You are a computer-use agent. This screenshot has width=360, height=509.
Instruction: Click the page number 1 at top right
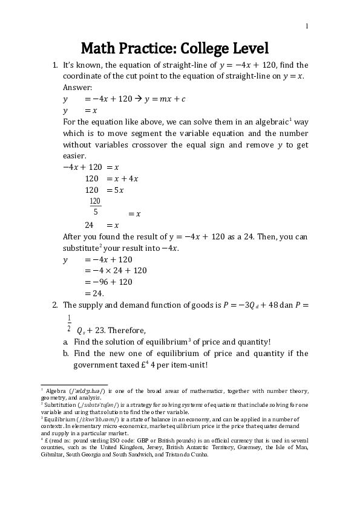307,26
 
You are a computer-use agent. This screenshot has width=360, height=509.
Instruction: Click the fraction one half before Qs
69,323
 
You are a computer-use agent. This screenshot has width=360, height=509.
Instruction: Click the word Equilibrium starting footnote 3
60,418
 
